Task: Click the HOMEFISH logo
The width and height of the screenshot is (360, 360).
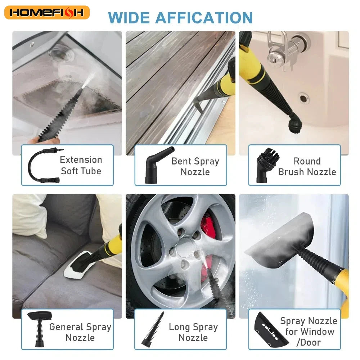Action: pyautogui.click(x=47, y=13)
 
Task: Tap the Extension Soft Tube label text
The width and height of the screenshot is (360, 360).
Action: pyautogui.click(x=81, y=165)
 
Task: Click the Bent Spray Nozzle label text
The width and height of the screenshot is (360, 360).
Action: pyautogui.click(x=195, y=166)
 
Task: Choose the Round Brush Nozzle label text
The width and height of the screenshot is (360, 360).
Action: pyautogui.click(x=307, y=166)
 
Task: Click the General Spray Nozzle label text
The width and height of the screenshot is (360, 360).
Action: pyautogui.click(x=80, y=332)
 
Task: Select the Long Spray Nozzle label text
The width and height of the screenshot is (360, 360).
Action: pyautogui.click(x=193, y=332)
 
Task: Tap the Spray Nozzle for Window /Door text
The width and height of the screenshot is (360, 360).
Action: pyautogui.click(x=308, y=331)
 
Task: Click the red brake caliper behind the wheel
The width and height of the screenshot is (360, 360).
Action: pyautogui.click(x=208, y=225)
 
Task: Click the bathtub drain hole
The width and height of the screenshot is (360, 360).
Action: pyautogui.click(x=303, y=98)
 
